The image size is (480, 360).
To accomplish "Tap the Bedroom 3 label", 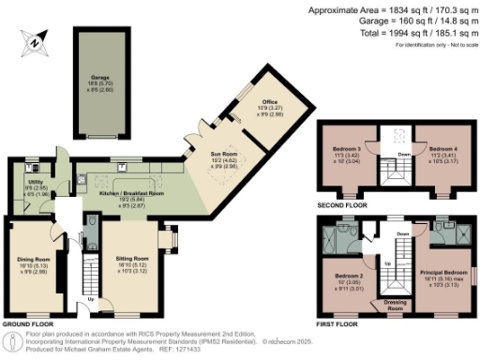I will (x=346, y=149).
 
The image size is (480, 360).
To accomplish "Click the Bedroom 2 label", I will (x=347, y=276).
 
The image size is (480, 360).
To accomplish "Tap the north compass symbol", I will (x=35, y=39).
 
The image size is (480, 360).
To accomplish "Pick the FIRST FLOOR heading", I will (x=339, y=323).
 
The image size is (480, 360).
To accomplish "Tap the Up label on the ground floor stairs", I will (x=90, y=300).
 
